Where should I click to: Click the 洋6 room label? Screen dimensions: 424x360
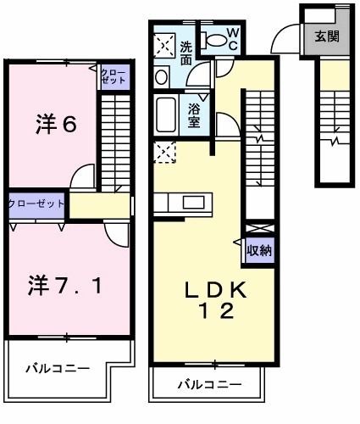tap(57, 125)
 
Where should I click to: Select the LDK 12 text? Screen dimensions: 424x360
tap(216, 299)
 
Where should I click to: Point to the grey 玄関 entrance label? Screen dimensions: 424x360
tap(327, 36)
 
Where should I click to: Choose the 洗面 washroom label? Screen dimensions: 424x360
tap(187, 53)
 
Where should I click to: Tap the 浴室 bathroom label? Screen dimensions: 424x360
tap(194, 113)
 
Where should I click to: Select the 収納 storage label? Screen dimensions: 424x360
tap(259, 250)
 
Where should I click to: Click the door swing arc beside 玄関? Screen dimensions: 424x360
tap(283, 38)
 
